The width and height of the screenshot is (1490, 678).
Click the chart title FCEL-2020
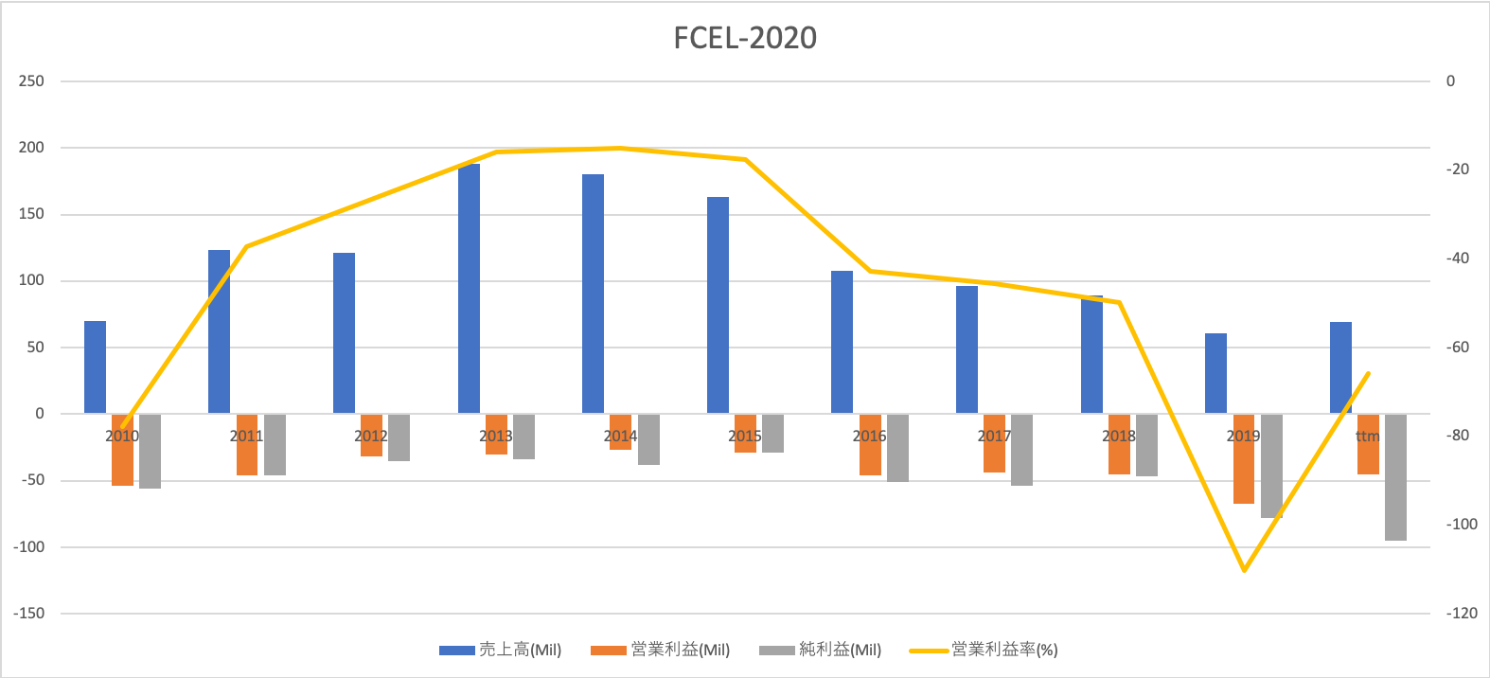[745, 38]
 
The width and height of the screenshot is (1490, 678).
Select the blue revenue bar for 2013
[469, 289]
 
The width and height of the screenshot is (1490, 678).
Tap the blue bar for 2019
[1215, 374]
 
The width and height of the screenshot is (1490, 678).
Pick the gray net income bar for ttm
[1395, 478]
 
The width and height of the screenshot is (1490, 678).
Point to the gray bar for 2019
[1271, 466]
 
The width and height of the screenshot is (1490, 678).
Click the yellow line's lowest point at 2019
[1244, 570]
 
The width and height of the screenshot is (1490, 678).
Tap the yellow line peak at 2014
[620, 148]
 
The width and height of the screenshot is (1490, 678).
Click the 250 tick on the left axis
[31, 81]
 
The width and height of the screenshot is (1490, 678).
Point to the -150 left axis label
[28, 614]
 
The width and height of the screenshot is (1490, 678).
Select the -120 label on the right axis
[1461, 614]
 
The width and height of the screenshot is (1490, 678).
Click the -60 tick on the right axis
[1457, 348]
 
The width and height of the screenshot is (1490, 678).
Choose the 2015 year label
[744, 437]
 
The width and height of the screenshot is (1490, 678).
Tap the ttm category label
[1367, 437]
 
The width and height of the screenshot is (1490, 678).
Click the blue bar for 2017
[967, 349]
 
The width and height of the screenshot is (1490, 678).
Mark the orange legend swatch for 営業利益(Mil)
[608, 651]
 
